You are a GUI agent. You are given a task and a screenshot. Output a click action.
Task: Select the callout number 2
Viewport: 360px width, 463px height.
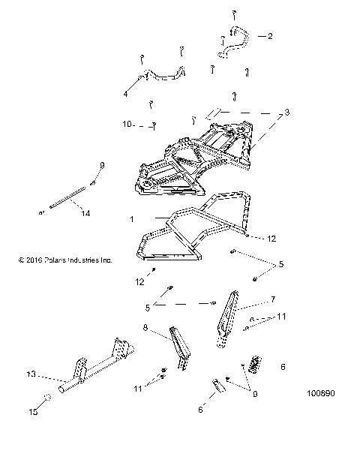tap(270, 36)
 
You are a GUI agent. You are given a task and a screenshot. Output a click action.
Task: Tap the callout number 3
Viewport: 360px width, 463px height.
tap(285, 113)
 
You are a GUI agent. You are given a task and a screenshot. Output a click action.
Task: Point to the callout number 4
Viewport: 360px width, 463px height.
tap(125, 95)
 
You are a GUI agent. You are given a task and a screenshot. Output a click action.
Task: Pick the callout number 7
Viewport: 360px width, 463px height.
tap(273, 299)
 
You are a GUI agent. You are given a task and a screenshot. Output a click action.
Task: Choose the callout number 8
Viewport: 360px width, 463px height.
tap(144, 327)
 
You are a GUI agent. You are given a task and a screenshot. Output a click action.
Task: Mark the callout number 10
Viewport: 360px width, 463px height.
tap(127, 124)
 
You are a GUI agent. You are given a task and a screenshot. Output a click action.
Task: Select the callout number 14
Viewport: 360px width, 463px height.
tap(85, 213)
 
